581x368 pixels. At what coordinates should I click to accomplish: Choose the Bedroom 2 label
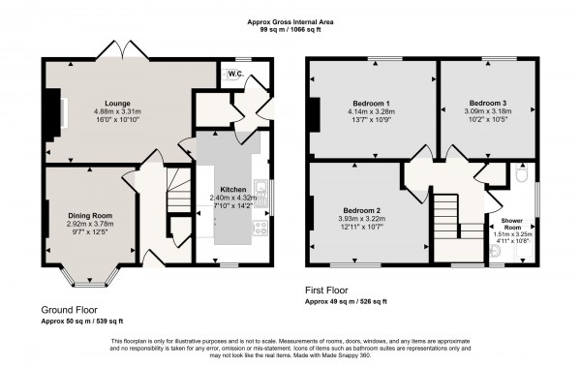pyautogui.click(x=359, y=210)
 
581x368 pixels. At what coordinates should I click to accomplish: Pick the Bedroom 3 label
pyautogui.click(x=487, y=102)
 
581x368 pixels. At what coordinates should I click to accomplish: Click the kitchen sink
pyautogui.click(x=260, y=186)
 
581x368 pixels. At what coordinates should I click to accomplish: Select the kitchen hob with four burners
pyautogui.click(x=260, y=230)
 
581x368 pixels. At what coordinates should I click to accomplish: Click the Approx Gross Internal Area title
pyautogui.click(x=290, y=20)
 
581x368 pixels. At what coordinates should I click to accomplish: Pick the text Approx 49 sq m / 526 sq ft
pyautogui.click(x=353, y=300)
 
